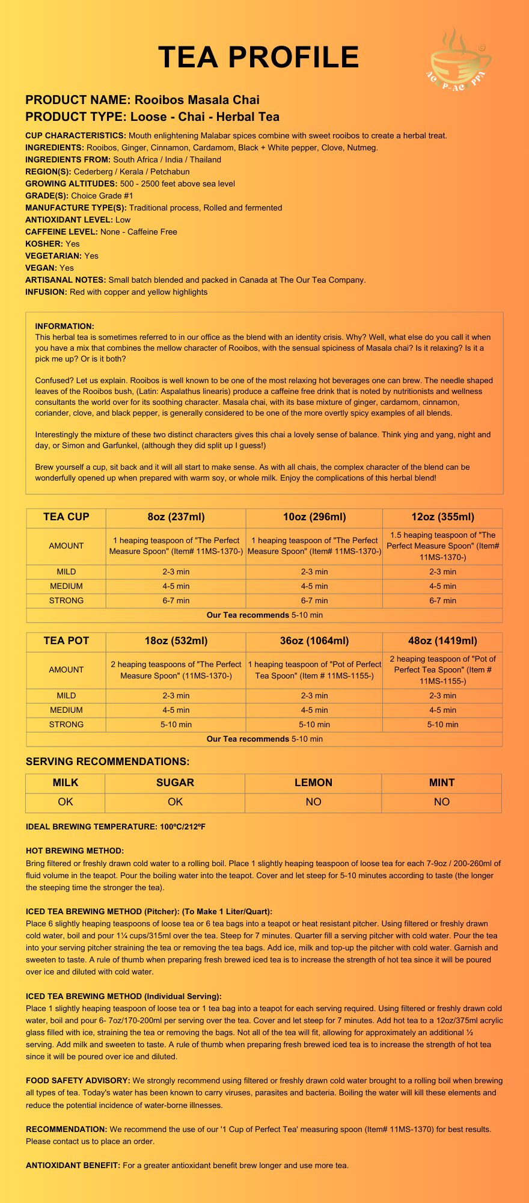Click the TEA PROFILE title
tap(258, 58)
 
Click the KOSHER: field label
tap(44, 244)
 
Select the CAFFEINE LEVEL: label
tap(61, 232)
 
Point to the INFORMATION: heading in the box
tap(64, 326)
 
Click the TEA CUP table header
tap(66, 517)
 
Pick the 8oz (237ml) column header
tap(176, 517)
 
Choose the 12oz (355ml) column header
tap(442, 517)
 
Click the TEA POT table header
tap(66, 641)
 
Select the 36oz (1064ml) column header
tap(314, 641)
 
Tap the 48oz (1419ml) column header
tap(442, 641)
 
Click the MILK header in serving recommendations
tap(66, 783)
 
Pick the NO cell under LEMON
tap(313, 802)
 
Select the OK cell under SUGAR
tap(175, 802)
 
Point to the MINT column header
tap(442, 783)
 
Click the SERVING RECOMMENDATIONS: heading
tap(108, 761)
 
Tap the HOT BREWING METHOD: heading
tap(75, 851)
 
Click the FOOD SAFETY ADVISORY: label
tap(78, 1080)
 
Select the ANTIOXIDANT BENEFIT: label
tap(73, 1165)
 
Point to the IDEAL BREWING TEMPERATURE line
tap(115, 826)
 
